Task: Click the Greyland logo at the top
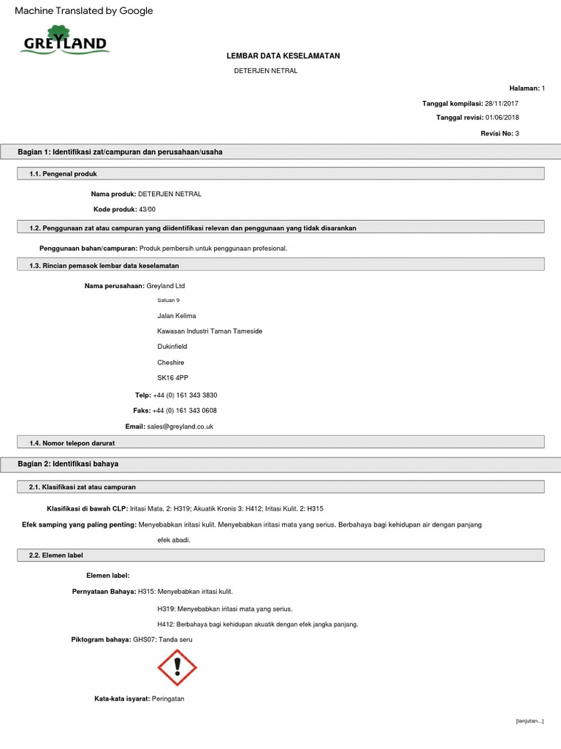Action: point(64,41)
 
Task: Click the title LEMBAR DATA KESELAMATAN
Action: point(283,56)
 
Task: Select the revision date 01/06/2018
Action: point(502,118)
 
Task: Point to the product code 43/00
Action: point(147,209)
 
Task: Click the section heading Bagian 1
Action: point(121,152)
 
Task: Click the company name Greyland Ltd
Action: point(171,286)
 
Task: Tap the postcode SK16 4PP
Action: point(172,377)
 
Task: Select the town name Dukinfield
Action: point(172,347)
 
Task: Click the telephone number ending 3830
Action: point(185,395)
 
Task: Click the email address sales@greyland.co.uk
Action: point(180,426)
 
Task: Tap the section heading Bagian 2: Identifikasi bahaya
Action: point(68,464)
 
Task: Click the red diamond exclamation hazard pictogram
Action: point(178,668)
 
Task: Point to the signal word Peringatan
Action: point(168,699)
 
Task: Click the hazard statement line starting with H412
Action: point(257,624)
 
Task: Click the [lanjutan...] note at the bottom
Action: point(530,721)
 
